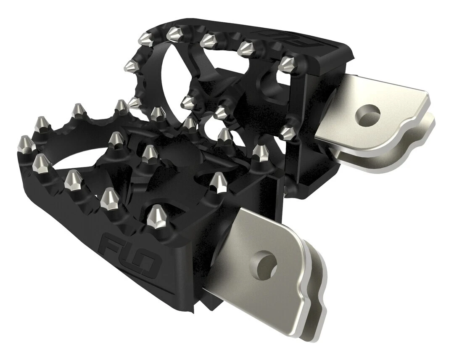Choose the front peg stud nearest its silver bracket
pos(219,181)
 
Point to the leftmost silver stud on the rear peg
pos(131,65)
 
